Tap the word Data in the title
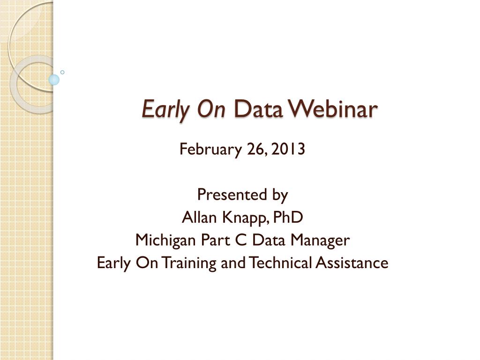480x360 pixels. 258,109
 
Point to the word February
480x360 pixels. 210,150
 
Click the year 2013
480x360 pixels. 288,149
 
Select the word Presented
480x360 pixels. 232,195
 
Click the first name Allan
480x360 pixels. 199,217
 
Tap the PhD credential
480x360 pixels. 288,217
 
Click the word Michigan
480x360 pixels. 165,240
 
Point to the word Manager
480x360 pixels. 320,240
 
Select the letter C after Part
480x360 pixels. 241,240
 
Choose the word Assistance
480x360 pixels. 352,262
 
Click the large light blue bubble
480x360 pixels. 54,80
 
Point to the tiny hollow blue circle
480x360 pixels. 62,72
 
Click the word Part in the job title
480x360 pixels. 215,240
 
